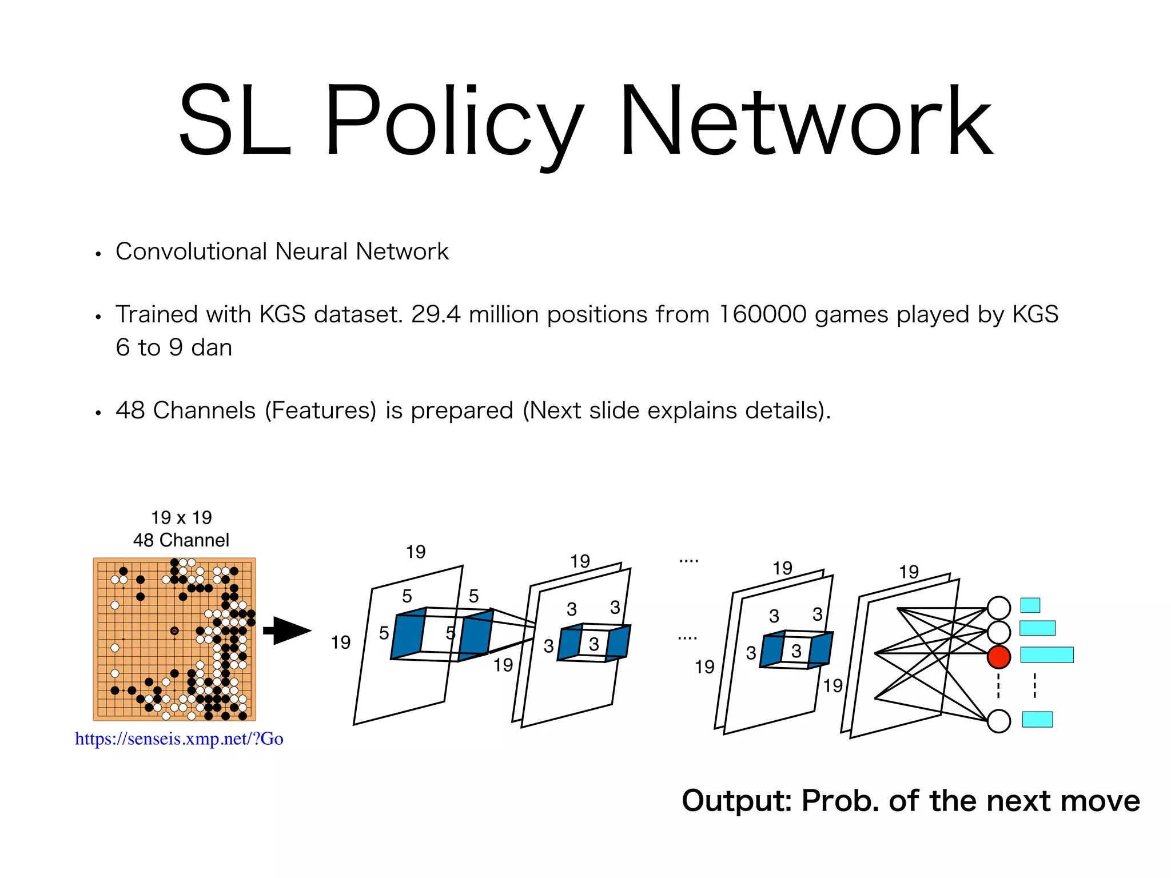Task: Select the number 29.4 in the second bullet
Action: (436, 314)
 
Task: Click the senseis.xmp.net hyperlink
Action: (179, 739)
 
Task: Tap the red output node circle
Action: (998, 657)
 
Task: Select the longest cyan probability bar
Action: (1046, 654)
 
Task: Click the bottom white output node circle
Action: (998, 721)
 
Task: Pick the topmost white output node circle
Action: (998, 608)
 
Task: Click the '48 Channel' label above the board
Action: (181, 540)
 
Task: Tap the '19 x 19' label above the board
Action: (181, 517)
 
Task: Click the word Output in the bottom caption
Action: (736, 801)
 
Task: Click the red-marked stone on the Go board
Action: (174, 630)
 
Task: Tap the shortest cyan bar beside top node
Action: (1030, 605)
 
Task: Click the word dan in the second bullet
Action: (212, 348)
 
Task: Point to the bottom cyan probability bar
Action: (1037, 719)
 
